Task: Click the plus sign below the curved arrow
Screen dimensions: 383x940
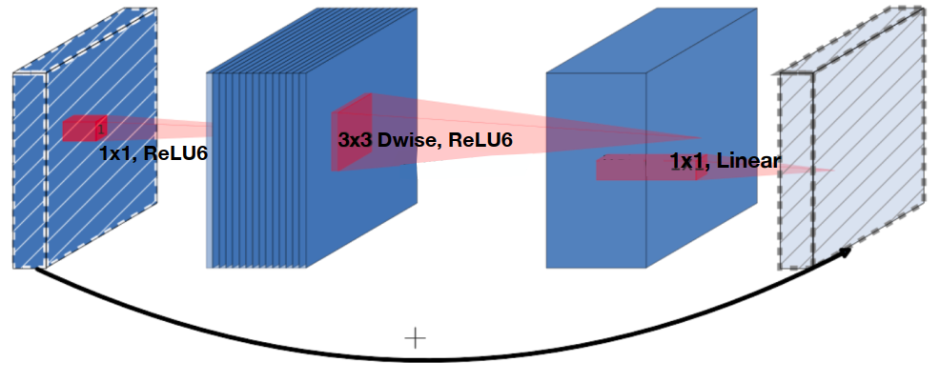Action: tap(415, 337)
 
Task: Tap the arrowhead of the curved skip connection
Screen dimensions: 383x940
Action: tap(845, 252)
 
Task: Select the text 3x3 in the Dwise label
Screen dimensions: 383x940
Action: tap(355, 140)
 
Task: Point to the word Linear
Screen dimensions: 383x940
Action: tap(748, 161)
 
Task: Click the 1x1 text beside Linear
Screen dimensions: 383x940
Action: tap(686, 162)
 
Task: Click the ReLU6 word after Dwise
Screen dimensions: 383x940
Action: tap(480, 140)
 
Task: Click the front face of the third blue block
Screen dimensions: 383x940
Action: tap(596, 219)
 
